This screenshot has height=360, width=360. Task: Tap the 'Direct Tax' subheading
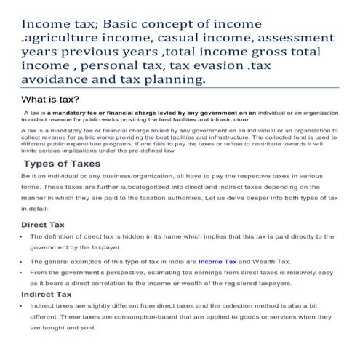click(x=47, y=224)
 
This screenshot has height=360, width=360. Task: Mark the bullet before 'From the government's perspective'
click(x=21, y=272)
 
